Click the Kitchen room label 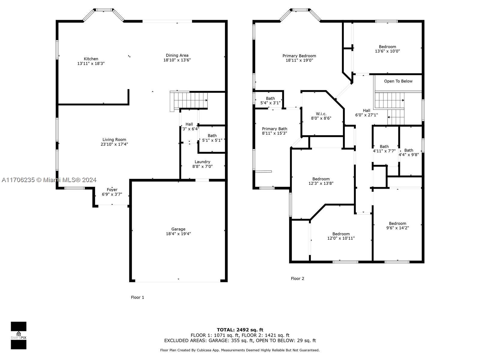click(x=91, y=59)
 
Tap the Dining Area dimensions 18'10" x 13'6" click(x=177, y=60)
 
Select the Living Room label click(x=114, y=139)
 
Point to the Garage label click(x=178, y=229)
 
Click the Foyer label click(x=112, y=190)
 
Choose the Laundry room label click(x=202, y=162)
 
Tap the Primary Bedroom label click(x=299, y=56)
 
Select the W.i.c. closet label click(x=321, y=114)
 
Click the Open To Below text click(x=398, y=81)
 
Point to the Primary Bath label click(x=274, y=129)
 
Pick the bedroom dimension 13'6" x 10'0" click(x=387, y=51)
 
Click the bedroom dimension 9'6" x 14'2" click(x=397, y=228)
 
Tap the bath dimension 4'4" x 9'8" click(x=409, y=154)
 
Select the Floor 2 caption click(x=297, y=278)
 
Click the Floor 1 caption click(x=137, y=297)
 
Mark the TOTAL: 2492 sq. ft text click(x=240, y=330)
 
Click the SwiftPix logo click(x=19, y=335)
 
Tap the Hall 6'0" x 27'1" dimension click(x=367, y=115)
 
